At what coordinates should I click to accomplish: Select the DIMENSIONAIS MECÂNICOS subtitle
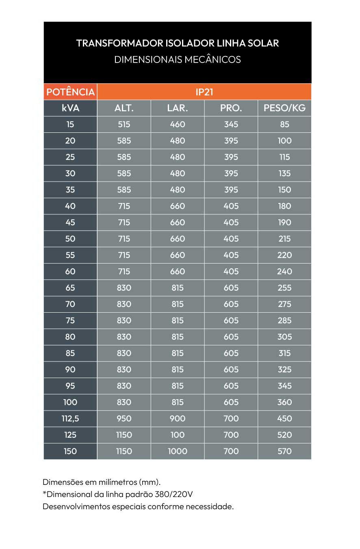click(178, 60)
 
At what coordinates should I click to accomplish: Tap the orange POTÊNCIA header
click(70, 92)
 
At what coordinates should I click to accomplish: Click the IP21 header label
click(204, 92)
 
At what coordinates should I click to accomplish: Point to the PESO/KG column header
click(284, 108)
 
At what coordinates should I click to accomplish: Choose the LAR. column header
click(178, 108)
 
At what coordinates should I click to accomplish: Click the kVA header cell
click(70, 108)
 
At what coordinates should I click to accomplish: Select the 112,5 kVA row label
click(70, 419)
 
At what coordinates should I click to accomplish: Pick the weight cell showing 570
click(284, 451)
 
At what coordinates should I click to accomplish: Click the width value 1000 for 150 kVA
click(178, 451)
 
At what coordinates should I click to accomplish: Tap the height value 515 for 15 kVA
click(124, 125)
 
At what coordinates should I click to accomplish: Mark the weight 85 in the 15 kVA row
click(284, 125)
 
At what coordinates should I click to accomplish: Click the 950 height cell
click(124, 419)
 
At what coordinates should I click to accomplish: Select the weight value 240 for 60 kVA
click(284, 272)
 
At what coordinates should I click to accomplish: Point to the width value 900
click(178, 419)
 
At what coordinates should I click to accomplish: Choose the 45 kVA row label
click(70, 223)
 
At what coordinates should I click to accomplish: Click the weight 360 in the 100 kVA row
click(284, 402)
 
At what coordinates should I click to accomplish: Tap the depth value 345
click(231, 125)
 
